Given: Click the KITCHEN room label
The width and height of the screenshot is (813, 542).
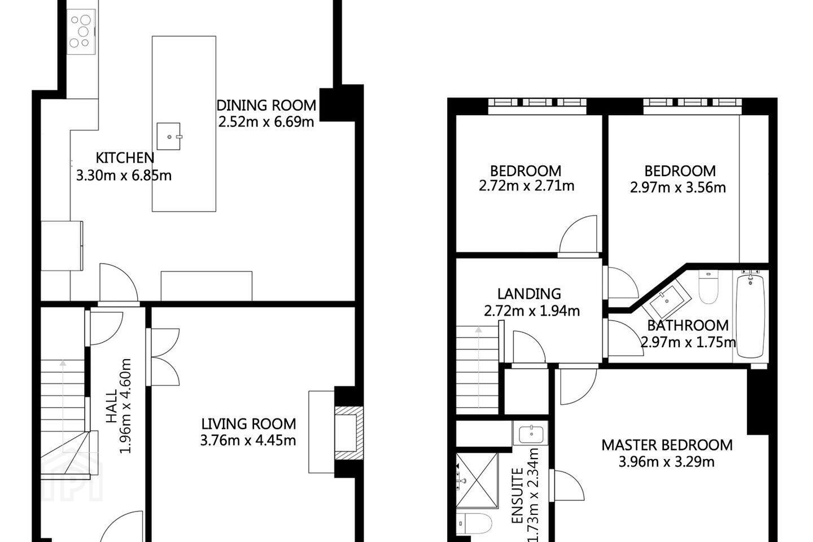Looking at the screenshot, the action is [x=125, y=158].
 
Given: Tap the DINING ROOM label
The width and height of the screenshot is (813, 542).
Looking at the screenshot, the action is [x=266, y=106].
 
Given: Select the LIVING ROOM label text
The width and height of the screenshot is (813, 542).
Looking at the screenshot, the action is [x=248, y=424].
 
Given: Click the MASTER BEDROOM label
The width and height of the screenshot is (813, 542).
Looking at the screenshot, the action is [x=667, y=445].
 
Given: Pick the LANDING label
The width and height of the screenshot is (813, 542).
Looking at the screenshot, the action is [x=529, y=294].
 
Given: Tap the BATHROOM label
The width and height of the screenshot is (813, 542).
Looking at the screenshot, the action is [x=688, y=326].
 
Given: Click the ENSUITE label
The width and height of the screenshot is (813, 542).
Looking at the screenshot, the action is [x=517, y=501].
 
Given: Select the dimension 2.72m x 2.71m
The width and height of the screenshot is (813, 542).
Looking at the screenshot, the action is [x=527, y=186].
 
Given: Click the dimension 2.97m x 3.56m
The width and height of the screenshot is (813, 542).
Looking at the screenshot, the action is [x=678, y=187].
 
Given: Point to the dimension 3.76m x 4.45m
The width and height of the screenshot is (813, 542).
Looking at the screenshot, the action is [x=248, y=440].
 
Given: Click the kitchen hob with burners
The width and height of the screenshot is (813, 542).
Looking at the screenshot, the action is [x=82, y=32].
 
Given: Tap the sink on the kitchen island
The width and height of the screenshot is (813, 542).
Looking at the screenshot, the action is [x=169, y=136].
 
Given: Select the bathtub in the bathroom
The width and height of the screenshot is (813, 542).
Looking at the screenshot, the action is [x=750, y=316].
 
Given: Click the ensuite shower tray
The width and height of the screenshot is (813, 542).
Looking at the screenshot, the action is [x=477, y=480].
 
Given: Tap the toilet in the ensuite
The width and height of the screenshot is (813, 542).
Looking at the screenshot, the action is [x=474, y=523].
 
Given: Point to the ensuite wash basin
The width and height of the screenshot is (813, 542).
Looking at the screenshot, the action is [x=531, y=434].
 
